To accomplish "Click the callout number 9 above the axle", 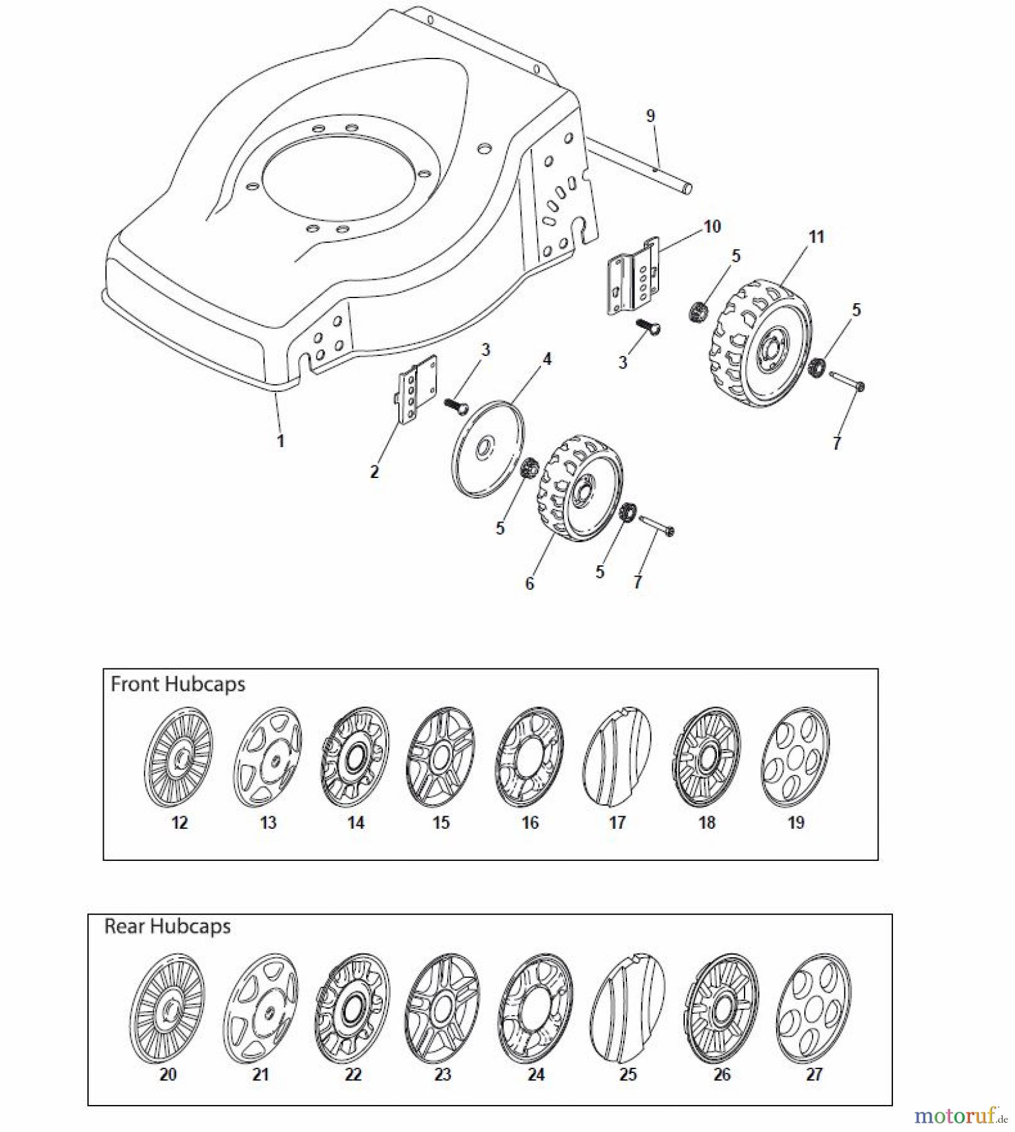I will point(650,116).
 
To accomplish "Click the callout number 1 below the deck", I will point(280,441).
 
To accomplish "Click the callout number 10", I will point(711,226).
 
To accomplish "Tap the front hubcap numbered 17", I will point(617,757).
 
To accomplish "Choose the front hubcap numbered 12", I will point(179,757).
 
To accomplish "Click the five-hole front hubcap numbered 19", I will point(795,757).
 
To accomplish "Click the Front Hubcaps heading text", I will point(178,684).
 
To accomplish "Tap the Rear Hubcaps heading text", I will point(167,926).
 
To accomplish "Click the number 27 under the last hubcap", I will point(814,1074).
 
